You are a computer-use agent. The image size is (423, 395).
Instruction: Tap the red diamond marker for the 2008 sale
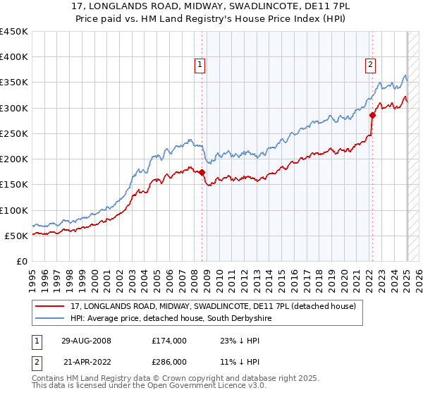[202, 172]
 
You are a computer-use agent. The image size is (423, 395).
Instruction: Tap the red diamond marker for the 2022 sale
[372, 116]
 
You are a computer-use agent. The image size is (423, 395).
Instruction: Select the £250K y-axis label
[15, 133]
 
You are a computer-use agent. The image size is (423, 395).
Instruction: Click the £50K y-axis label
[18, 236]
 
